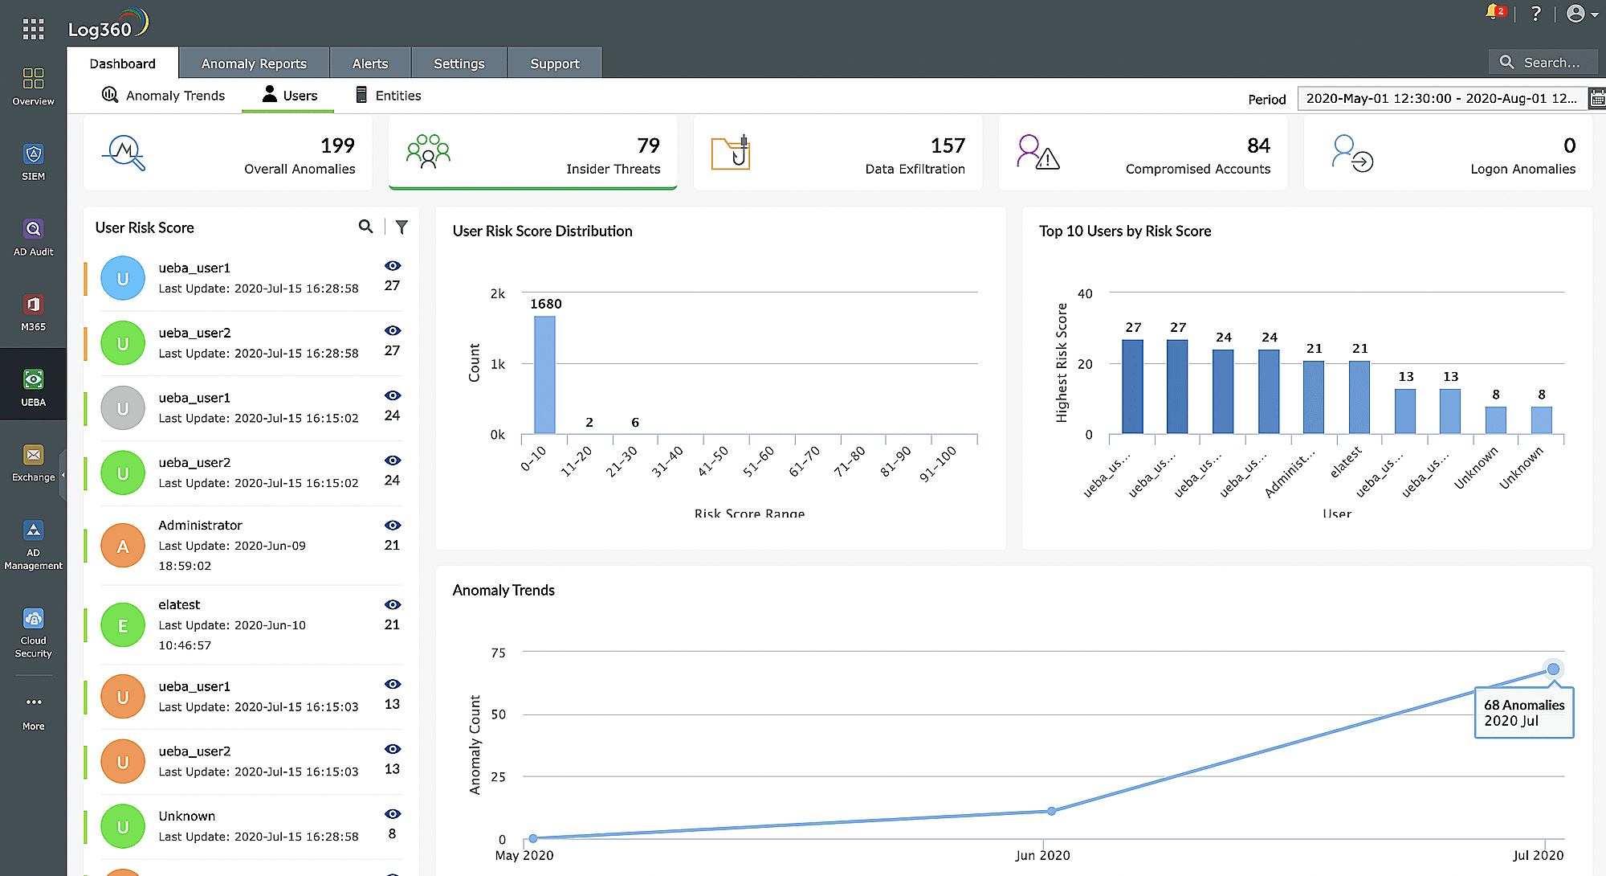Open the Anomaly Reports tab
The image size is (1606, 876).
click(x=254, y=63)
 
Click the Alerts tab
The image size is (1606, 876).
click(x=370, y=63)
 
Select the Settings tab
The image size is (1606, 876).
click(x=459, y=63)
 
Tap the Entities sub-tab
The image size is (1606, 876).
click(x=389, y=96)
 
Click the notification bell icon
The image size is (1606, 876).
click(x=1493, y=13)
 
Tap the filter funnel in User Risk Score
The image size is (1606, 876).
click(x=401, y=227)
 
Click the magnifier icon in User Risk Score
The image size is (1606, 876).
click(x=365, y=227)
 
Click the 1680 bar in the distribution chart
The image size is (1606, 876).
click(x=544, y=375)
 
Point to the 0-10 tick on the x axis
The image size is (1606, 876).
click(x=533, y=459)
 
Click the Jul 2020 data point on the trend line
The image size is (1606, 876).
click(x=1553, y=669)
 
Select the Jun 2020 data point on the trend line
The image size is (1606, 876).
click(x=1051, y=811)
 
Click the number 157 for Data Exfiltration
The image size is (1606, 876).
click(x=948, y=145)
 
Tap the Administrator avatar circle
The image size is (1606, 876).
click(x=123, y=546)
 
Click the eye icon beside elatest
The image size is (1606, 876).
click(x=392, y=604)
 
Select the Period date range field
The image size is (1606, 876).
click(x=1441, y=99)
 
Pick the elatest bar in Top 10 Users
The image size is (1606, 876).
click(x=1359, y=397)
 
